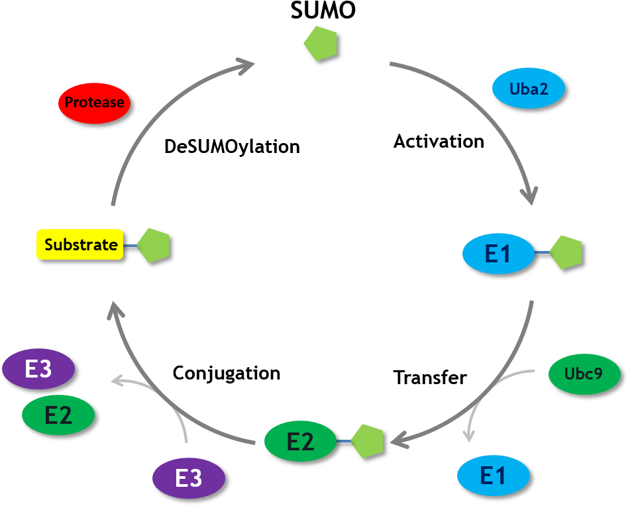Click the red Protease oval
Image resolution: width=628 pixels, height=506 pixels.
(x=94, y=103)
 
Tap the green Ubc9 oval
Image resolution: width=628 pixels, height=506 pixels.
(x=584, y=374)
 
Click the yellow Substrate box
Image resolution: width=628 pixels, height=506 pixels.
(x=80, y=244)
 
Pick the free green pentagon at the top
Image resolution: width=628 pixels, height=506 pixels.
(x=321, y=44)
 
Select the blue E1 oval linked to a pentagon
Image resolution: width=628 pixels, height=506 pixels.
(x=498, y=254)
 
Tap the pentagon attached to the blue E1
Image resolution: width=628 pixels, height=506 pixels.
(x=566, y=252)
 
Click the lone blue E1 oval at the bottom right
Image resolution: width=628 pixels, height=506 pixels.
(x=494, y=476)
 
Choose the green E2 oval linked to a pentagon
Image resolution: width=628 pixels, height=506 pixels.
(x=300, y=441)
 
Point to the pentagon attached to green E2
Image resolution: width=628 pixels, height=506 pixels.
(x=368, y=440)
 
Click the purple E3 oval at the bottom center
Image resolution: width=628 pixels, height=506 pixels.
(x=189, y=478)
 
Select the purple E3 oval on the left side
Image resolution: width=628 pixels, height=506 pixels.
(x=38, y=369)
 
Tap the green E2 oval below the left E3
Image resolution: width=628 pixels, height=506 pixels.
(x=58, y=415)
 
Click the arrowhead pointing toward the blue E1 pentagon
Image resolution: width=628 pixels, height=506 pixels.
(x=529, y=197)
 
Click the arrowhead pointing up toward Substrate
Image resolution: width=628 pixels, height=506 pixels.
(x=117, y=309)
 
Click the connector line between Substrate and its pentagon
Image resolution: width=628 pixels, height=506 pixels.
(x=130, y=245)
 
